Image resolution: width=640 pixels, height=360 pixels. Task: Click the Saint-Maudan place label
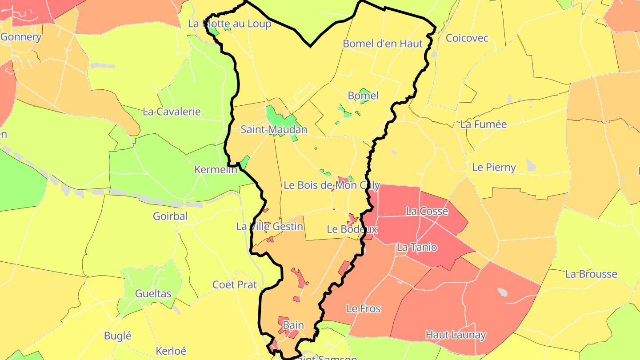[273, 130]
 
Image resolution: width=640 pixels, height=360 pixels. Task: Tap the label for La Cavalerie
[172, 112]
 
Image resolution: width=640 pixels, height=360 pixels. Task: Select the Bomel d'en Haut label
[383, 44]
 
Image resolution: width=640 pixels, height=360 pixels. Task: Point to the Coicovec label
[467, 38]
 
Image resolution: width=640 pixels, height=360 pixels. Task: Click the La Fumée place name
[484, 124]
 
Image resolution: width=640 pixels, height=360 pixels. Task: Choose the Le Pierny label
[494, 168]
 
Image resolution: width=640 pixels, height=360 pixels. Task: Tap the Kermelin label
[216, 169]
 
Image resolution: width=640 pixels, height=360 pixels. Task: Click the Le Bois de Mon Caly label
[332, 185]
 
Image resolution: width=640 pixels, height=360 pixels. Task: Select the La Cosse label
[427, 211]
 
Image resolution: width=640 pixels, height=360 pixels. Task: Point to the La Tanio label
[417, 248]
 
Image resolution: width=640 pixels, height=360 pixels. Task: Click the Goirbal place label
[170, 216]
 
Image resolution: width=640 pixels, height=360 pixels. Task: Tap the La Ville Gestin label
[270, 227]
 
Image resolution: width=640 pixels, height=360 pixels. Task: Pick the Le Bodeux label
[352, 229]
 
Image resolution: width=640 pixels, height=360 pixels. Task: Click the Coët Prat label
[235, 284]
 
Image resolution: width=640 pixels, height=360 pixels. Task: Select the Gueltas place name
[153, 294]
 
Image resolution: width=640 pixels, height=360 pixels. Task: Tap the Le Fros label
[363, 308]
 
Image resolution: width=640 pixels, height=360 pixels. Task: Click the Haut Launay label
[456, 335]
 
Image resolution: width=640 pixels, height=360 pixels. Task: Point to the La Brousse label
[591, 274]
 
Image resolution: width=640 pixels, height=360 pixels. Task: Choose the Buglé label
[117, 336]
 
